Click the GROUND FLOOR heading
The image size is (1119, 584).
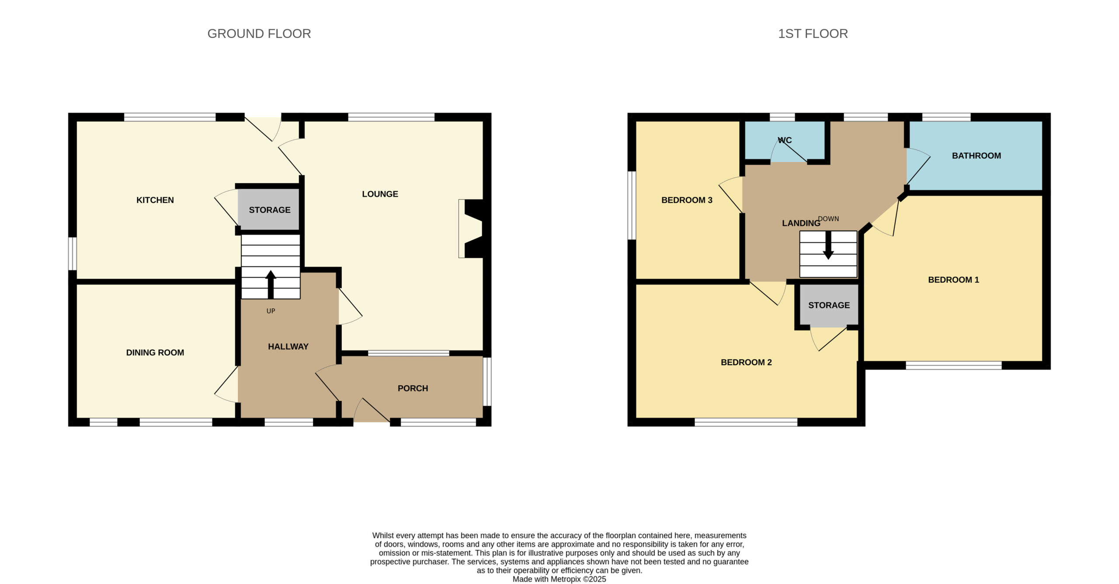pyautogui.click(x=259, y=34)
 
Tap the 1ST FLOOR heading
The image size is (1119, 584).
pyautogui.click(x=813, y=34)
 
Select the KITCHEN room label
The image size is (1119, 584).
pyautogui.click(x=155, y=200)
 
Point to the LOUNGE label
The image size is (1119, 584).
pyautogui.click(x=380, y=194)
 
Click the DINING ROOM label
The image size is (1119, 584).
pyautogui.click(x=155, y=352)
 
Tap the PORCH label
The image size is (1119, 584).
pyautogui.click(x=413, y=388)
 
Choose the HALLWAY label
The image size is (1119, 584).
pyautogui.click(x=288, y=346)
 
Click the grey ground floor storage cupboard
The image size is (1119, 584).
pyautogui.click(x=269, y=209)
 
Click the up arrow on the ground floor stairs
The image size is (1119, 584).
pyautogui.click(x=271, y=284)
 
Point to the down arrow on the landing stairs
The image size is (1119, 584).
pyautogui.click(x=828, y=245)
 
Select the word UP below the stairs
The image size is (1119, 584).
pyautogui.click(x=271, y=311)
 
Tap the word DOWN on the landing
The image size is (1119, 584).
pyautogui.click(x=828, y=219)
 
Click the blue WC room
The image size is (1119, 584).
pyautogui.click(x=785, y=140)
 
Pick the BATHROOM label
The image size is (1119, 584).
pyautogui.click(x=977, y=156)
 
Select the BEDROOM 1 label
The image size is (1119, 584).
pyautogui.click(x=953, y=280)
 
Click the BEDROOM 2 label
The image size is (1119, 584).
pyautogui.click(x=746, y=362)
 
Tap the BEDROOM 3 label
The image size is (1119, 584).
pyautogui.click(x=687, y=200)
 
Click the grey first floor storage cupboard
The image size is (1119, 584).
pyautogui.click(x=829, y=305)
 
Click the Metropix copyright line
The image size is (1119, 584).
pyautogui.click(x=559, y=579)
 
